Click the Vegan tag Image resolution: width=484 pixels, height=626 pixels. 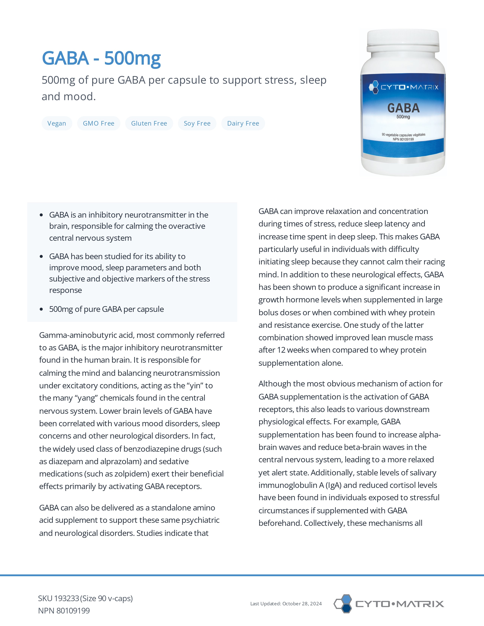(x=57, y=123)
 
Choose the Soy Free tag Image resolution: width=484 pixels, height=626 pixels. (x=197, y=123)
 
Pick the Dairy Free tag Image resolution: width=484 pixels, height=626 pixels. (x=243, y=123)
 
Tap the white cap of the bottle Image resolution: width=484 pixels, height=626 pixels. (x=403, y=40)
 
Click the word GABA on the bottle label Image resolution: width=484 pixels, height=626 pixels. (x=403, y=108)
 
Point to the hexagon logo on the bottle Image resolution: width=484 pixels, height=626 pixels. (x=373, y=87)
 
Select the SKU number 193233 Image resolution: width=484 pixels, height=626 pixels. (x=66, y=598)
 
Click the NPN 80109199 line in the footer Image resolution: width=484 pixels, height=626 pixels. (x=64, y=610)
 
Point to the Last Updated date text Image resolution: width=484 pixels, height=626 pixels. (x=286, y=604)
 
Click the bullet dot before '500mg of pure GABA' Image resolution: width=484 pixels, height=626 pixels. (x=41, y=309)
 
